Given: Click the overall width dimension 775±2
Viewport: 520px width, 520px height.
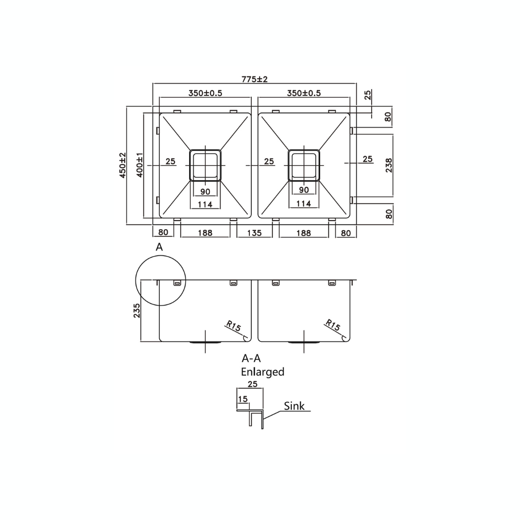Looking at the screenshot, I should click(255, 79).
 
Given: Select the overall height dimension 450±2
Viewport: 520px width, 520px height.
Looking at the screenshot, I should click(123, 165).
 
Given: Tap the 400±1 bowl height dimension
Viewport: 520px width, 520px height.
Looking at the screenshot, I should click(139, 165).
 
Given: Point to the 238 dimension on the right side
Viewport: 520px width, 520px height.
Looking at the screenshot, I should click(389, 165).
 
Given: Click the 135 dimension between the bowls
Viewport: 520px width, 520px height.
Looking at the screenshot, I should click(254, 233).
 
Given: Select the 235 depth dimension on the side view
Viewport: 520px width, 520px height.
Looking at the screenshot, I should click(137, 311).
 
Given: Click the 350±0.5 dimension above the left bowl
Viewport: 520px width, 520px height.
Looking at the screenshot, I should click(205, 93).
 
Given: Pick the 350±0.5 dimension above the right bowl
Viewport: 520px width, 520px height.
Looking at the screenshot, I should click(304, 93).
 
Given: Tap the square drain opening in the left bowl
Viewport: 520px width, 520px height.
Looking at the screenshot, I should click(206, 165).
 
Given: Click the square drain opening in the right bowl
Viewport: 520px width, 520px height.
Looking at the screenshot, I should click(304, 165).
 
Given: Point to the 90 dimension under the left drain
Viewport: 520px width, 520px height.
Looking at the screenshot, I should click(206, 191).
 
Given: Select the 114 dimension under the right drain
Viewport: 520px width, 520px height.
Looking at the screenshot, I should click(304, 204).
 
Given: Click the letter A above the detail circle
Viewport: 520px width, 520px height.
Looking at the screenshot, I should click(159, 247).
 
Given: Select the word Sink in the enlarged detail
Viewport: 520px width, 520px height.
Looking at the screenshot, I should click(294, 406).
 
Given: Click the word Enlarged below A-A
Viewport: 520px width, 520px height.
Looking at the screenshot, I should click(262, 372).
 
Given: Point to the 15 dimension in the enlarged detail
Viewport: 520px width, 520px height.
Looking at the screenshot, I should click(242, 399).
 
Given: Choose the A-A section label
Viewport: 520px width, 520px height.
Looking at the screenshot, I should click(251, 359).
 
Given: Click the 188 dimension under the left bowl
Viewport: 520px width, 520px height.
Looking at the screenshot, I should click(205, 233).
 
